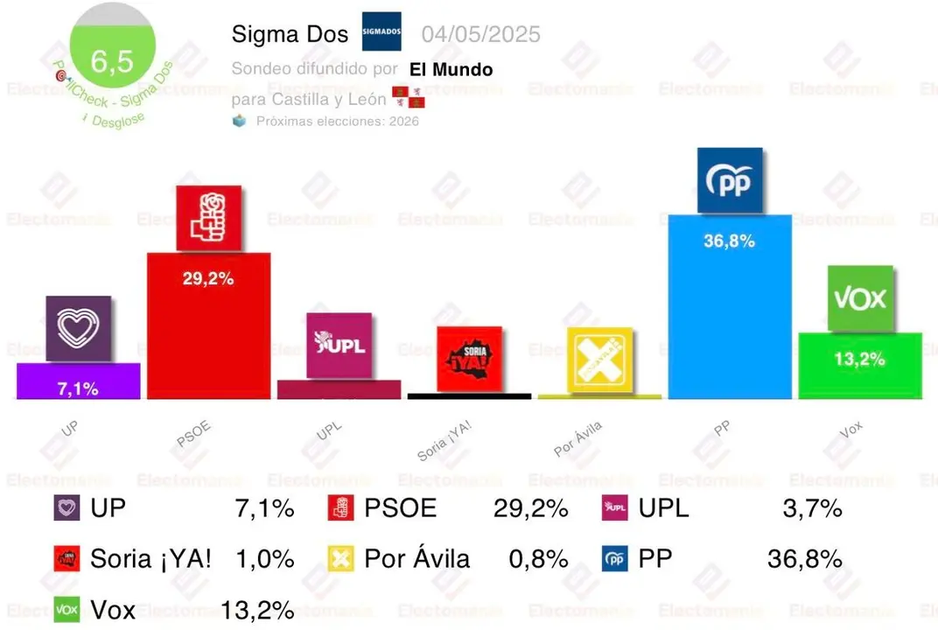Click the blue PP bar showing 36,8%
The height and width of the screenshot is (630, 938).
tap(729, 306)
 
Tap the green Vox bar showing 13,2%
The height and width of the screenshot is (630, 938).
tap(859, 366)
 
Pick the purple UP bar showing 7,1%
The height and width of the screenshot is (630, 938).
tap(78, 381)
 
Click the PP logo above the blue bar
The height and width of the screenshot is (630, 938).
tap(730, 181)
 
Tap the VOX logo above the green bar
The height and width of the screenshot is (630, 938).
tap(859, 298)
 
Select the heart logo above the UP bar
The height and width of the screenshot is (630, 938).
tap(78, 329)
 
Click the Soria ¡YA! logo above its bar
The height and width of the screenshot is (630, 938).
tap(469, 359)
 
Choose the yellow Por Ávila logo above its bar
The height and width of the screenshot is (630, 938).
tap(599, 360)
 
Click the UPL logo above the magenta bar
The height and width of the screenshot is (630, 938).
tap(339, 345)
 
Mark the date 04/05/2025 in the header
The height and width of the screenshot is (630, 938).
tap(480, 34)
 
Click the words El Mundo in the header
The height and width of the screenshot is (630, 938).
tap(451, 70)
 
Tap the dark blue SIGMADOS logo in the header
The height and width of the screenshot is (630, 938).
tap(381, 31)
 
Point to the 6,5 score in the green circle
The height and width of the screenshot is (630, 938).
tap(112, 60)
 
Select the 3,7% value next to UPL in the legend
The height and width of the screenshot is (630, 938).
tap(812, 507)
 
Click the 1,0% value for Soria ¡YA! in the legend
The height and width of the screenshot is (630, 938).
tap(264, 559)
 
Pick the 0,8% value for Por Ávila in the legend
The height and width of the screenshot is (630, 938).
tap(538, 559)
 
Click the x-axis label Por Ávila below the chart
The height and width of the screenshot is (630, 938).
tap(578, 440)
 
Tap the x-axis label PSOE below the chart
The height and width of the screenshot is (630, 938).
tap(194, 433)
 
